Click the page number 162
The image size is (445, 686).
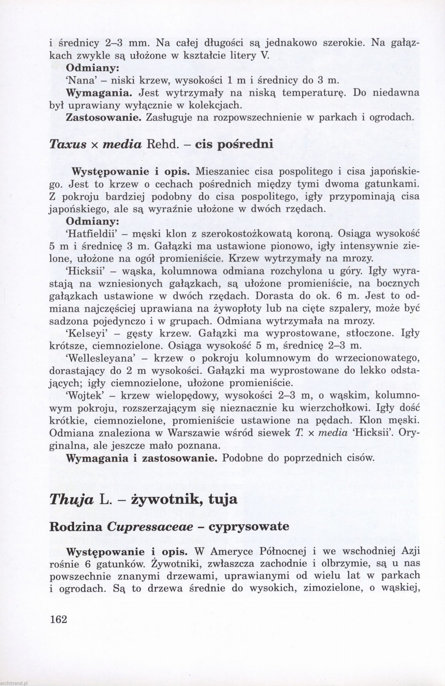tap(58, 619)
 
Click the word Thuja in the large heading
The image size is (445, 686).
tap(71, 499)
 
